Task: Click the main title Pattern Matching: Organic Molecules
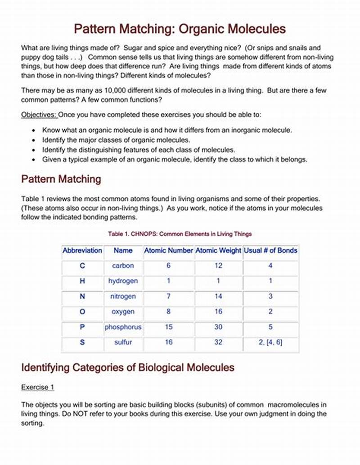(x=180, y=29)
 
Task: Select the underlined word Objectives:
(x=39, y=115)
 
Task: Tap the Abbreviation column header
(x=82, y=250)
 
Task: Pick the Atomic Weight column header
(x=218, y=250)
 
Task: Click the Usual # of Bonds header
(x=270, y=250)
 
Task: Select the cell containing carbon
(x=123, y=266)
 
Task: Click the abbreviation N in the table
(x=82, y=296)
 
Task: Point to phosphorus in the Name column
(x=123, y=327)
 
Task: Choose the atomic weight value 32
(x=218, y=342)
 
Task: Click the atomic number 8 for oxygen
(x=168, y=312)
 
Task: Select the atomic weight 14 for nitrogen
(x=218, y=296)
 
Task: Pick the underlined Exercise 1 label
(x=38, y=387)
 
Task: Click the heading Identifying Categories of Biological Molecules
(x=128, y=367)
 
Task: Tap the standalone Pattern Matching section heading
(x=61, y=179)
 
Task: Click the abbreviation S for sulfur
(x=82, y=342)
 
